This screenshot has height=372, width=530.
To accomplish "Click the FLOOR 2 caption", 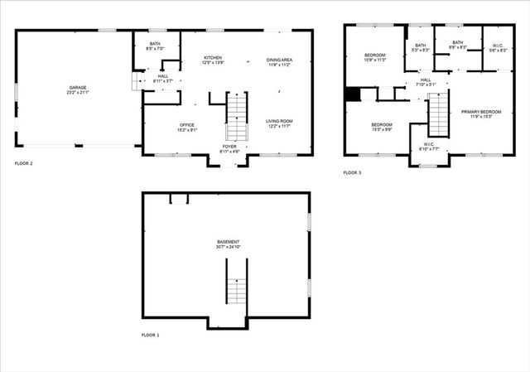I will point(24,163).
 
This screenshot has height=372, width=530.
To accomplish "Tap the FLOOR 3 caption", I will point(353,172).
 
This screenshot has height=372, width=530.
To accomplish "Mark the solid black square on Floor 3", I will point(353,94).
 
